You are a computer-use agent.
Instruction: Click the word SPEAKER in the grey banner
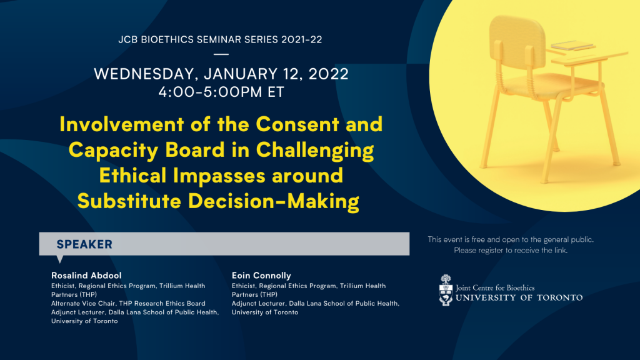(x=84, y=244)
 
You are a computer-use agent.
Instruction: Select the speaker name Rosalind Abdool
(x=86, y=276)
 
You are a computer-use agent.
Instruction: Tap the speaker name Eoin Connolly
(x=261, y=276)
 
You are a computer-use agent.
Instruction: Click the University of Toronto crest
(x=446, y=290)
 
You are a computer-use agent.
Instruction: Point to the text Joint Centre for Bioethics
(x=495, y=287)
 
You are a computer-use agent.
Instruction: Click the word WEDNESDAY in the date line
(x=146, y=74)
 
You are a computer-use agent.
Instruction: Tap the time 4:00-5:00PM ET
(x=221, y=92)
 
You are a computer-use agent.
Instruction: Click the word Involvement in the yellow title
(x=122, y=124)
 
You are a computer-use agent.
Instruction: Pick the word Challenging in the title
(x=315, y=151)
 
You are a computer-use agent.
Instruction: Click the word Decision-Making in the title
(x=274, y=201)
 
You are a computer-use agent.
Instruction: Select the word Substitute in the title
(x=129, y=201)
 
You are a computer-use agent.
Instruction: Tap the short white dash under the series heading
(x=221, y=54)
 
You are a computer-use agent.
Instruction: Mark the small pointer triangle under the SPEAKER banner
(x=60, y=259)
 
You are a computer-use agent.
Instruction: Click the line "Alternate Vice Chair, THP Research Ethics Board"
(x=128, y=303)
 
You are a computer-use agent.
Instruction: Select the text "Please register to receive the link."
(x=511, y=250)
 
